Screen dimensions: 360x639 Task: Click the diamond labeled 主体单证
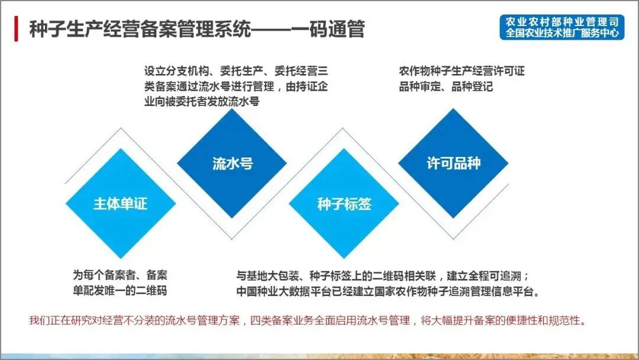click(x=120, y=204)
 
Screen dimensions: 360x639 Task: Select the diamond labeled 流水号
click(x=233, y=163)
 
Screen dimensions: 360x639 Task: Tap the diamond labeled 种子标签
click(x=344, y=204)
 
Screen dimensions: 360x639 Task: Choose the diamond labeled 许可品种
click(x=453, y=163)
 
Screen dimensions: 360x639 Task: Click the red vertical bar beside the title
click(x=16, y=28)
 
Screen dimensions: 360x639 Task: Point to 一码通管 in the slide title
click(x=333, y=28)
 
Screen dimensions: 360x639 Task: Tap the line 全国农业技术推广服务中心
click(x=561, y=33)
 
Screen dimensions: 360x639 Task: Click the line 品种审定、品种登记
click(x=446, y=86)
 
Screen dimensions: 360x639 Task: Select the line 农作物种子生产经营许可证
click(x=461, y=72)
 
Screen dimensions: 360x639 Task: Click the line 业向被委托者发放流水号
click(x=202, y=101)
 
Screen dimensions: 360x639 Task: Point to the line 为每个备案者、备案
click(x=120, y=275)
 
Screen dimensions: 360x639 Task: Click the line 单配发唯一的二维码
click(x=120, y=291)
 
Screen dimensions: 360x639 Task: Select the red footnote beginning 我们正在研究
click(x=308, y=321)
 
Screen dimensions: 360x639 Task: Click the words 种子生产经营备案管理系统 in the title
click(x=140, y=28)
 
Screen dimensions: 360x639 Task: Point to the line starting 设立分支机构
click(x=235, y=72)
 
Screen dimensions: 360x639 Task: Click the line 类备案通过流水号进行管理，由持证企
click(x=235, y=86)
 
